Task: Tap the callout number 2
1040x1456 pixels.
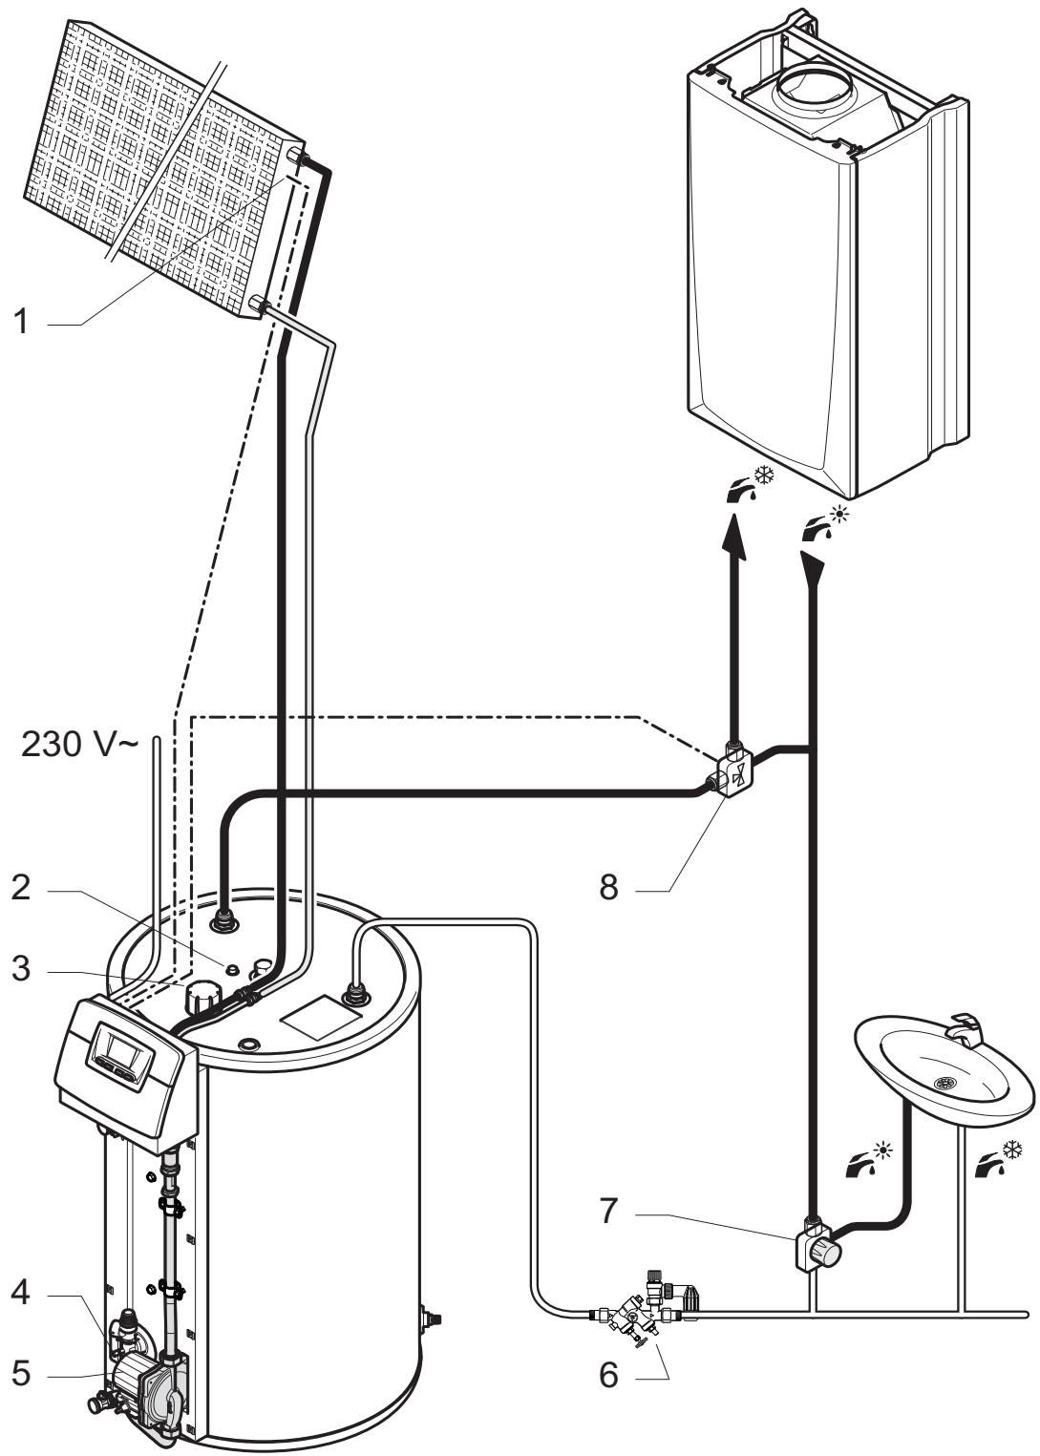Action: pos(21,889)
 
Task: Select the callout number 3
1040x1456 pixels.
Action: pos(21,968)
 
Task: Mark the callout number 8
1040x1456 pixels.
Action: pos(608,887)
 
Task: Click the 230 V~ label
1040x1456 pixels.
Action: pos(79,745)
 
